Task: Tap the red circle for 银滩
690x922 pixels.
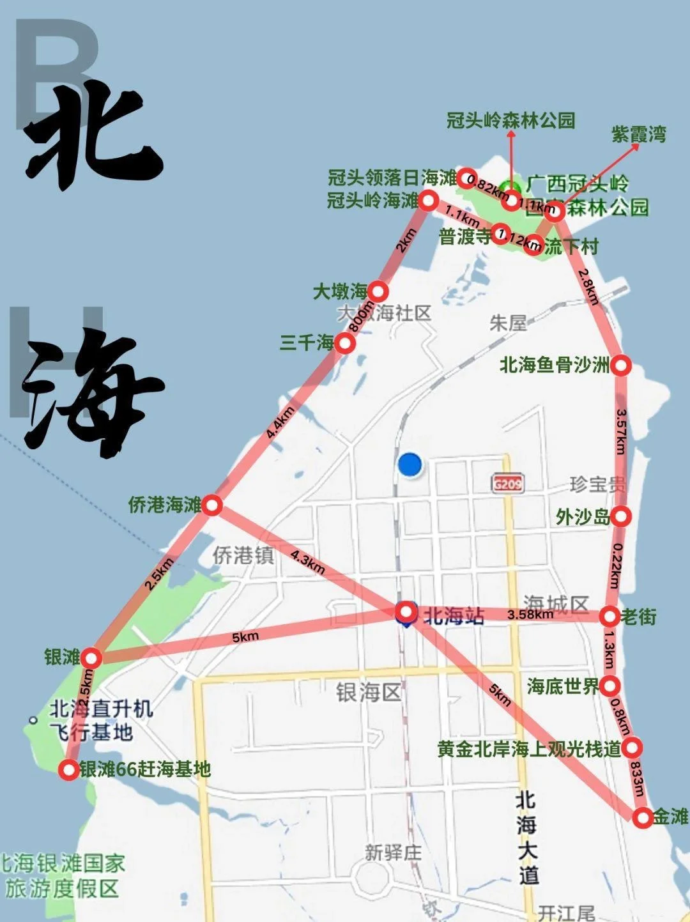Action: tap(92, 657)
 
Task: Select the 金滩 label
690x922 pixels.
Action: tap(671, 816)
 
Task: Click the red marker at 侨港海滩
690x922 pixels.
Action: tap(213, 506)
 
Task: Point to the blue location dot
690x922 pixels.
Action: tap(410, 465)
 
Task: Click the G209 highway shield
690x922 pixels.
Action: tap(508, 483)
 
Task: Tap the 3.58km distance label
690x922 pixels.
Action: tap(530, 615)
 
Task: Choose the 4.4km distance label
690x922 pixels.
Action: tap(280, 422)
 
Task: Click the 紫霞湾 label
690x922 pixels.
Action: tap(638, 134)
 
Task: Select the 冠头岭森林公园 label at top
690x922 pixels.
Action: tap(510, 120)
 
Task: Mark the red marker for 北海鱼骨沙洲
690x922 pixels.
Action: tap(621, 365)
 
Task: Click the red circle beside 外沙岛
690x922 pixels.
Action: tap(622, 516)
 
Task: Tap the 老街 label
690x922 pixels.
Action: tap(638, 617)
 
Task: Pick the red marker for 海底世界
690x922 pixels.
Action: tap(610, 686)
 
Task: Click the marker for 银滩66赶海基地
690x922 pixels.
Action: tap(69, 770)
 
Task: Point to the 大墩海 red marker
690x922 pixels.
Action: tap(378, 292)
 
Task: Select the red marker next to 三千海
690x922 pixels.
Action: tap(345, 343)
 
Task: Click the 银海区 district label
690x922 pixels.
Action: tap(368, 691)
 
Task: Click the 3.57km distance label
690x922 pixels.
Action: tap(620, 431)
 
